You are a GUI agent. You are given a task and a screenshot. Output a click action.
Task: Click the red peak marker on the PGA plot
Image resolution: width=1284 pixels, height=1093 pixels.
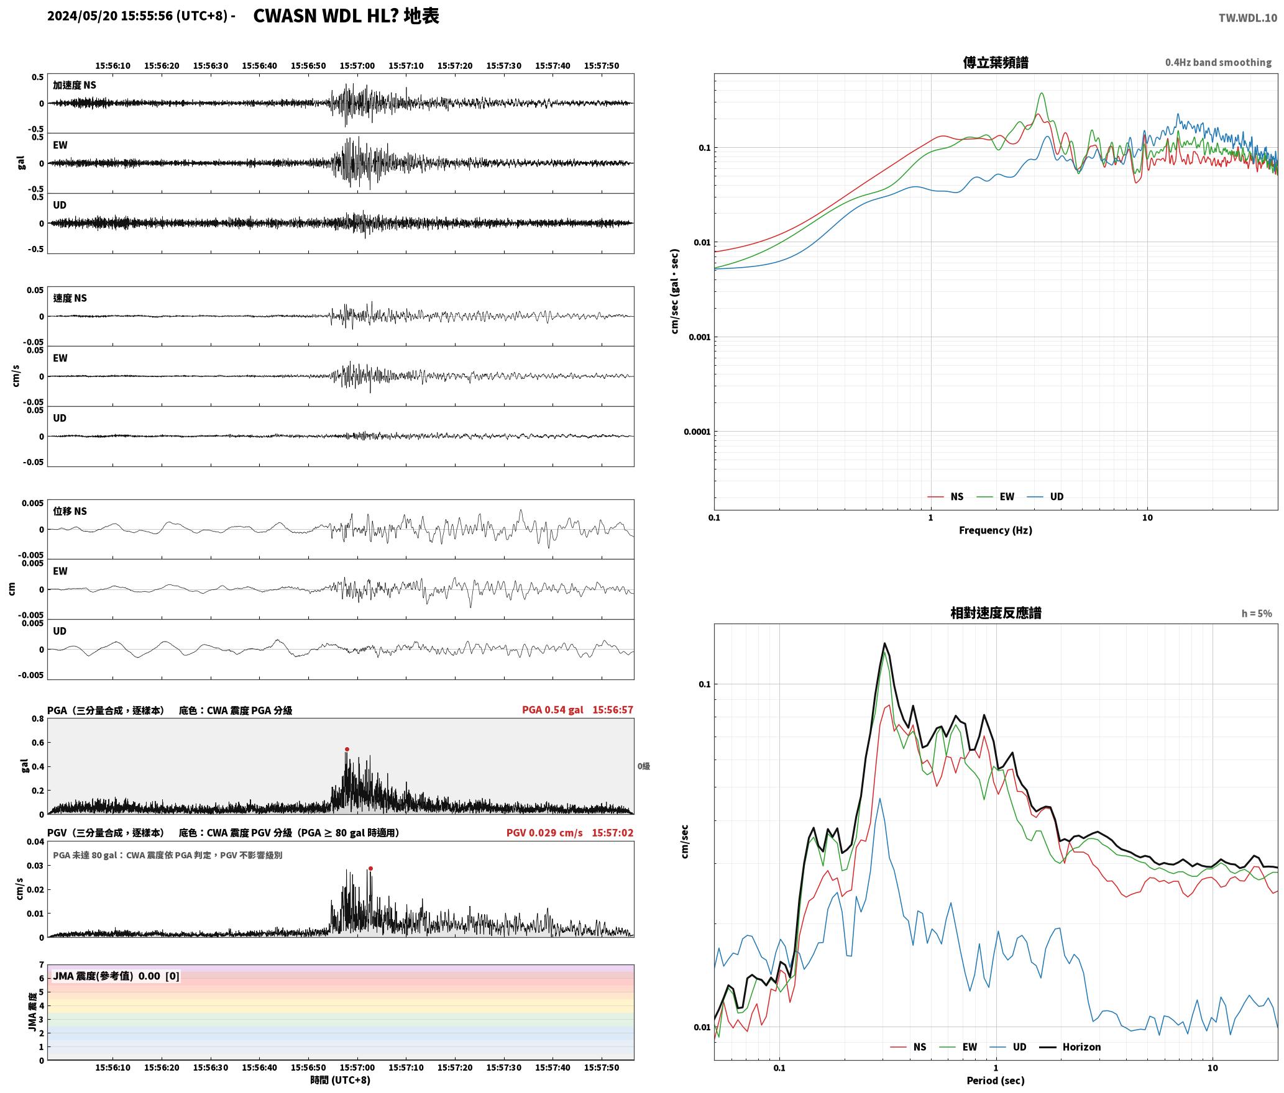tap(347, 749)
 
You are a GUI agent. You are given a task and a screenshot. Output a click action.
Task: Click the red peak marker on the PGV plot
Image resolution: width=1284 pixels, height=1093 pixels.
tap(370, 869)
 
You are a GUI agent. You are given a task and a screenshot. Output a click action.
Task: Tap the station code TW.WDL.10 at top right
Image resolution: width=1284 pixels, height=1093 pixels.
tap(1248, 18)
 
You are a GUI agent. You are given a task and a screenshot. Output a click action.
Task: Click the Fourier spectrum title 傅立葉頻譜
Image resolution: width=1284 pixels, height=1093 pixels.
tap(996, 63)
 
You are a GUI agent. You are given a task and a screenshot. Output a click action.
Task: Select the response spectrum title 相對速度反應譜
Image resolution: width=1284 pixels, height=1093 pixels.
tap(996, 613)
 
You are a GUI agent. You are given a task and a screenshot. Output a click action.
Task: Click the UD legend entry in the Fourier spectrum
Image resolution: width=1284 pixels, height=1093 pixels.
tap(1045, 497)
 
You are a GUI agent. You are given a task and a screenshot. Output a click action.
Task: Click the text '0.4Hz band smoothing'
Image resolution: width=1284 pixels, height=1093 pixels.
tap(1218, 63)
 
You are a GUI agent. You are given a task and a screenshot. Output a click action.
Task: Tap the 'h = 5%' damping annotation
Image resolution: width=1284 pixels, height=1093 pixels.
tap(1257, 614)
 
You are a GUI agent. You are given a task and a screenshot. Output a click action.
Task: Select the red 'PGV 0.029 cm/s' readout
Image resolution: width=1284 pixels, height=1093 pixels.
tap(544, 833)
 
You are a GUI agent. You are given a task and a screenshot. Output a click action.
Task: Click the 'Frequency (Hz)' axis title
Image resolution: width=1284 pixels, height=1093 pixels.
tap(996, 530)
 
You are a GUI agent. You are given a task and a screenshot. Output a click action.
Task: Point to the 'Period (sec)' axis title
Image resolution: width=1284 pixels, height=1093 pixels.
tap(996, 1081)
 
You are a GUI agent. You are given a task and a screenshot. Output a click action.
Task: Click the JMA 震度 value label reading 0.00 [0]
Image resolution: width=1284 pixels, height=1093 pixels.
tap(116, 976)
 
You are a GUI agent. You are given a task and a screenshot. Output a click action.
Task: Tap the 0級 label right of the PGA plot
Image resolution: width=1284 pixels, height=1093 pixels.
tap(644, 766)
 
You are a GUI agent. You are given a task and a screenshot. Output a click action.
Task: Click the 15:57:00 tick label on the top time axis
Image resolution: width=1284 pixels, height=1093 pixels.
tap(357, 66)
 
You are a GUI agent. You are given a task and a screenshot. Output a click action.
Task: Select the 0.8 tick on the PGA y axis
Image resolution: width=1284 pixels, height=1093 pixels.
tap(38, 719)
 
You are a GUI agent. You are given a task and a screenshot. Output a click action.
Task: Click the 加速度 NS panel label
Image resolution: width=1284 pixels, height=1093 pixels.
tap(75, 85)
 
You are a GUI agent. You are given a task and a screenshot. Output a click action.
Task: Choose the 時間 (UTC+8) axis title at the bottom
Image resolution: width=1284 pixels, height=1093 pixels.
tap(341, 1080)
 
